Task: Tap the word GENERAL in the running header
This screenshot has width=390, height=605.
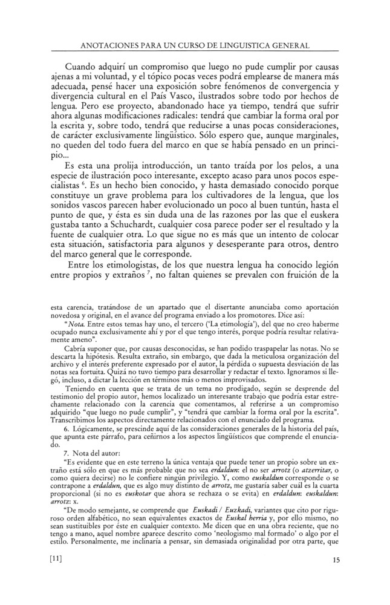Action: (x=289, y=45)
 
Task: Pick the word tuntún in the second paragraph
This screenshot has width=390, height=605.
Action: (x=294, y=199)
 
